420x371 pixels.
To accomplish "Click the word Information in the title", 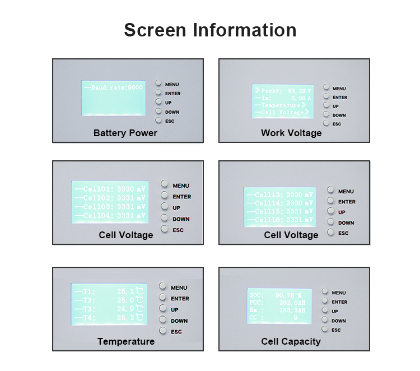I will pyautogui.click(x=245, y=30).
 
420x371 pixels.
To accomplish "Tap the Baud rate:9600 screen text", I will pyautogui.click(x=113, y=88).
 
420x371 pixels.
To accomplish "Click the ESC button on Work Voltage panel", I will pyautogui.click(x=325, y=123).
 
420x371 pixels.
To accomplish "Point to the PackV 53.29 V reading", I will pyautogui.click(x=282, y=90).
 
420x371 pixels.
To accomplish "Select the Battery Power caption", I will pyautogui.click(x=125, y=133).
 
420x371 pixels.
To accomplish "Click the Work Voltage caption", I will pyautogui.click(x=291, y=133).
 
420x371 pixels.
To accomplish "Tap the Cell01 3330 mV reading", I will pyautogui.click(x=110, y=189).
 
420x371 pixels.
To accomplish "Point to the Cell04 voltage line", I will pyautogui.click(x=110, y=215).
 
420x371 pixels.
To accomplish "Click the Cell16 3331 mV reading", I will pyautogui.click(x=278, y=220).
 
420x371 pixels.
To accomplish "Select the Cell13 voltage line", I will pyautogui.click(x=278, y=195).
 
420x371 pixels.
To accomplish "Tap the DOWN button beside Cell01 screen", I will pyautogui.click(x=165, y=219).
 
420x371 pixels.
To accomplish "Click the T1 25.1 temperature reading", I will pyautogui.click(x=108, y=291).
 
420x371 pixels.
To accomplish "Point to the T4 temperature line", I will pyautogui.click(x=108, y=317).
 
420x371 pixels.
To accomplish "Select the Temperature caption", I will pyautogui.click(x=125, y=341).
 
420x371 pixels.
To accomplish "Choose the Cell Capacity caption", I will pyautogui.click(x=291, y=341).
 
